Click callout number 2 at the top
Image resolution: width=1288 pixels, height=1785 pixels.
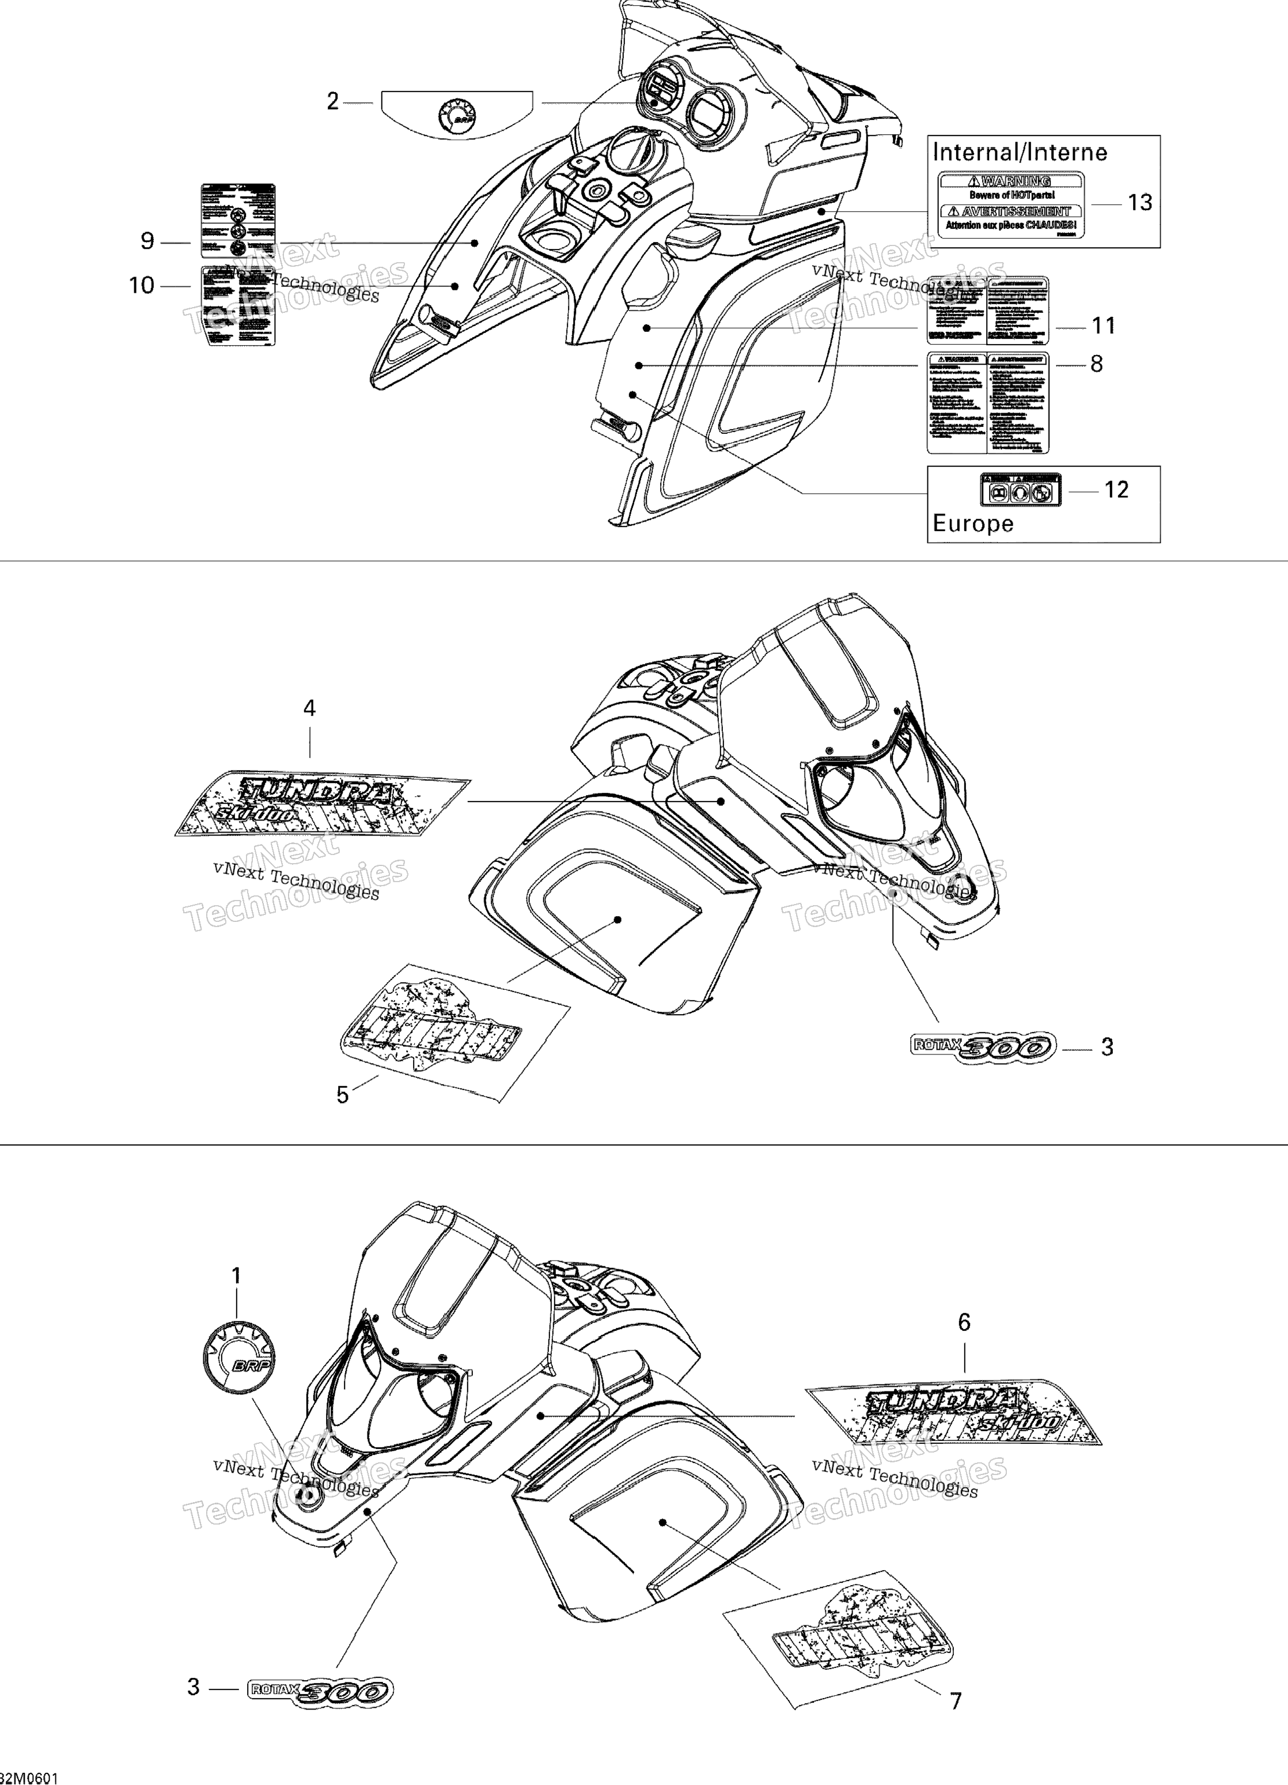tap(333, 101)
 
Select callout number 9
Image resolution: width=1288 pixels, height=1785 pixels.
tap(147, 241)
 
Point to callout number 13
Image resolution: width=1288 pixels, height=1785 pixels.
tap(1139, 203)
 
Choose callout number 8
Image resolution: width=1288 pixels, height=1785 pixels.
tap(1096, 364)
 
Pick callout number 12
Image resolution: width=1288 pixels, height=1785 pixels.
tap(1116, 490)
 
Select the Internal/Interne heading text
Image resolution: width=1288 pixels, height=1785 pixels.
tap(1020, 153)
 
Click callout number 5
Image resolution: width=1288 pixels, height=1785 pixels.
tap(342, 1095)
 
